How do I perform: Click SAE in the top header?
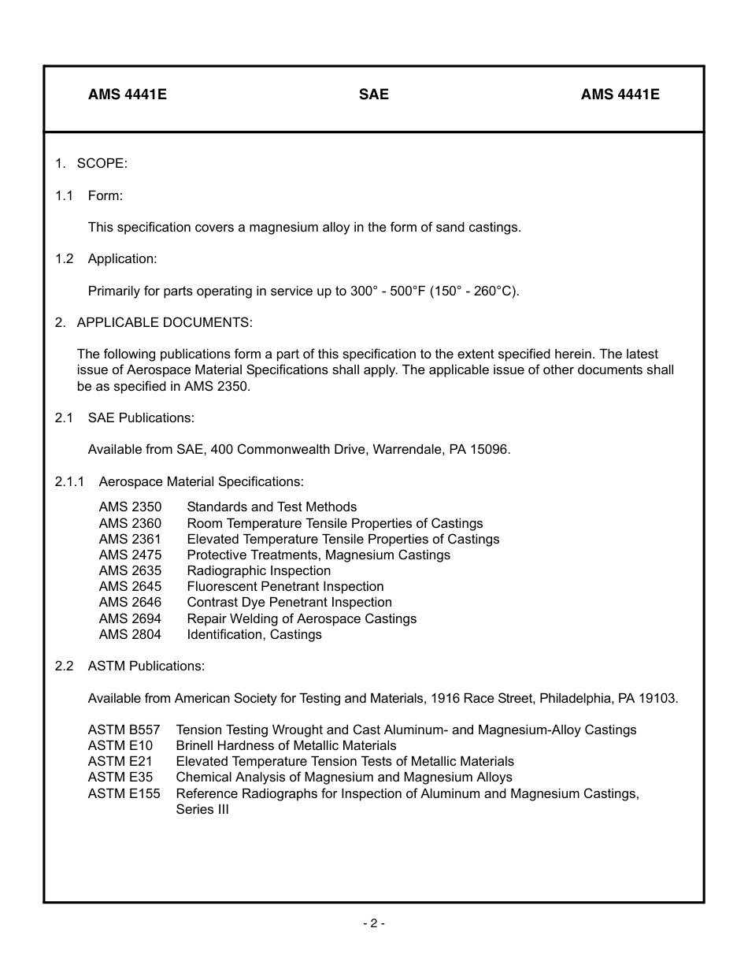[x=373, y=95]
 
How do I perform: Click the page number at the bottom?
[x=373, y=923]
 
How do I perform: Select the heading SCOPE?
[x=102, y=163]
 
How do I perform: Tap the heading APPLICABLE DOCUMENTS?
[x=165, y=322]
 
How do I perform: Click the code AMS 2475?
[x=130, y=555]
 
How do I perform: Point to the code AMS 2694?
[x=130, y=618]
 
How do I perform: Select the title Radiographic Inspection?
[x=258, y=570]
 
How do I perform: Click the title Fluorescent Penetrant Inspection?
[x=285, y=586]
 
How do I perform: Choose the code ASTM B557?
[x=124, y=730]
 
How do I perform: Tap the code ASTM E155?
[x=124, y=793]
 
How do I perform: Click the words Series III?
[x=202, y=809]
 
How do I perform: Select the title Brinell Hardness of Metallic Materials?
[x=286, y=745]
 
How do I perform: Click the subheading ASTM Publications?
[x=146, y=666]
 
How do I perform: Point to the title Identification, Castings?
[x=254, y=634]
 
